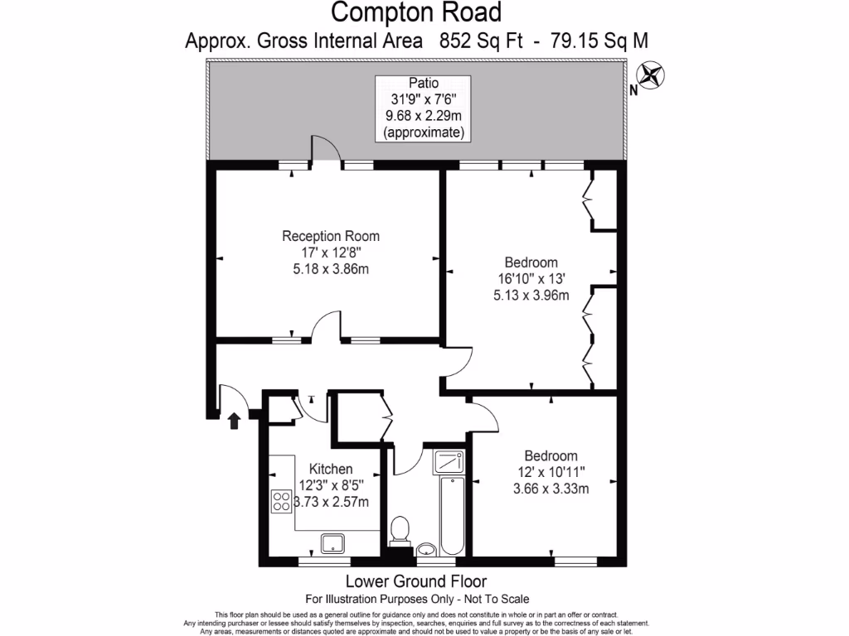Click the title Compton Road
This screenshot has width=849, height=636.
tap(416, 12)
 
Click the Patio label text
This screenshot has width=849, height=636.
tap(424, 83)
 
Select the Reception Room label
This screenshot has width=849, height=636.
tap(330, 236)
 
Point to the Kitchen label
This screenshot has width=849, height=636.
tap(331, 469)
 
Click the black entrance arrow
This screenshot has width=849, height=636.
tap(235, 422)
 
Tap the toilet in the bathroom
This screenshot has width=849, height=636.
tap(401, 528)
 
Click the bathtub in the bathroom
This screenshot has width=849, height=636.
tap(452, 514)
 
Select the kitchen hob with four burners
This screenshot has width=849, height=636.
tap(281, 500)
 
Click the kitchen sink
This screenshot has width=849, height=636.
tap(333, 543)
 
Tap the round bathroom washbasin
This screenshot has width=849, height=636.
tap(427, 548)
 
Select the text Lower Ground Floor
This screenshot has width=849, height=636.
tap(415, 581)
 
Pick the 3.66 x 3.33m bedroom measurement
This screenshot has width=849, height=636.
tap(551, 488)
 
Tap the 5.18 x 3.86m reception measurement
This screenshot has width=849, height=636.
tap(330, 268)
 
